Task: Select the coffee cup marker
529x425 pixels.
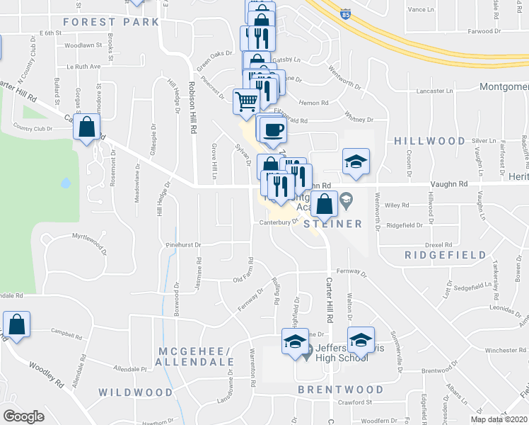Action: pos(273,130)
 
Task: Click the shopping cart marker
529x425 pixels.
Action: pos(246,101)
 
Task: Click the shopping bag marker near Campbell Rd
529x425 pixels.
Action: pos(16,325)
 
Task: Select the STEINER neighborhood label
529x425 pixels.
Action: pos(333,224)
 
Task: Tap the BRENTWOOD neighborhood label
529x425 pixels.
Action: pos(341,390)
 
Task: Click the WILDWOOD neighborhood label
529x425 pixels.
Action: pos(135,392)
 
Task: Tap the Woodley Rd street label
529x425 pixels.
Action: pos(46,374)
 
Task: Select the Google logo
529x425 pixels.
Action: pos(23,416)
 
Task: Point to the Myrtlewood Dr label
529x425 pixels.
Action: pos(89,243)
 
